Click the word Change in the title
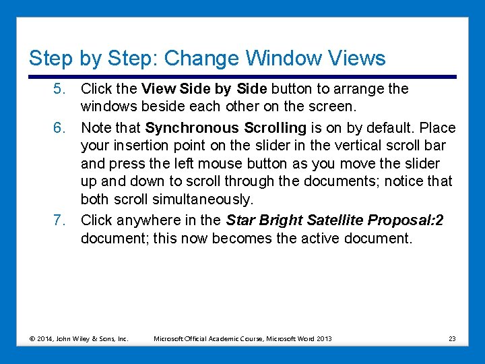(x=201, y=58)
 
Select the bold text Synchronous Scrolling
(x=226, y=128)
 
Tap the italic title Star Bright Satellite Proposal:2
(x=335, y=220)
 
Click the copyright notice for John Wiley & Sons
(x=78, y=338)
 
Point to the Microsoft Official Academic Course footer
(x=243, y=338)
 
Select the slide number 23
(x=451, y=338)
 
